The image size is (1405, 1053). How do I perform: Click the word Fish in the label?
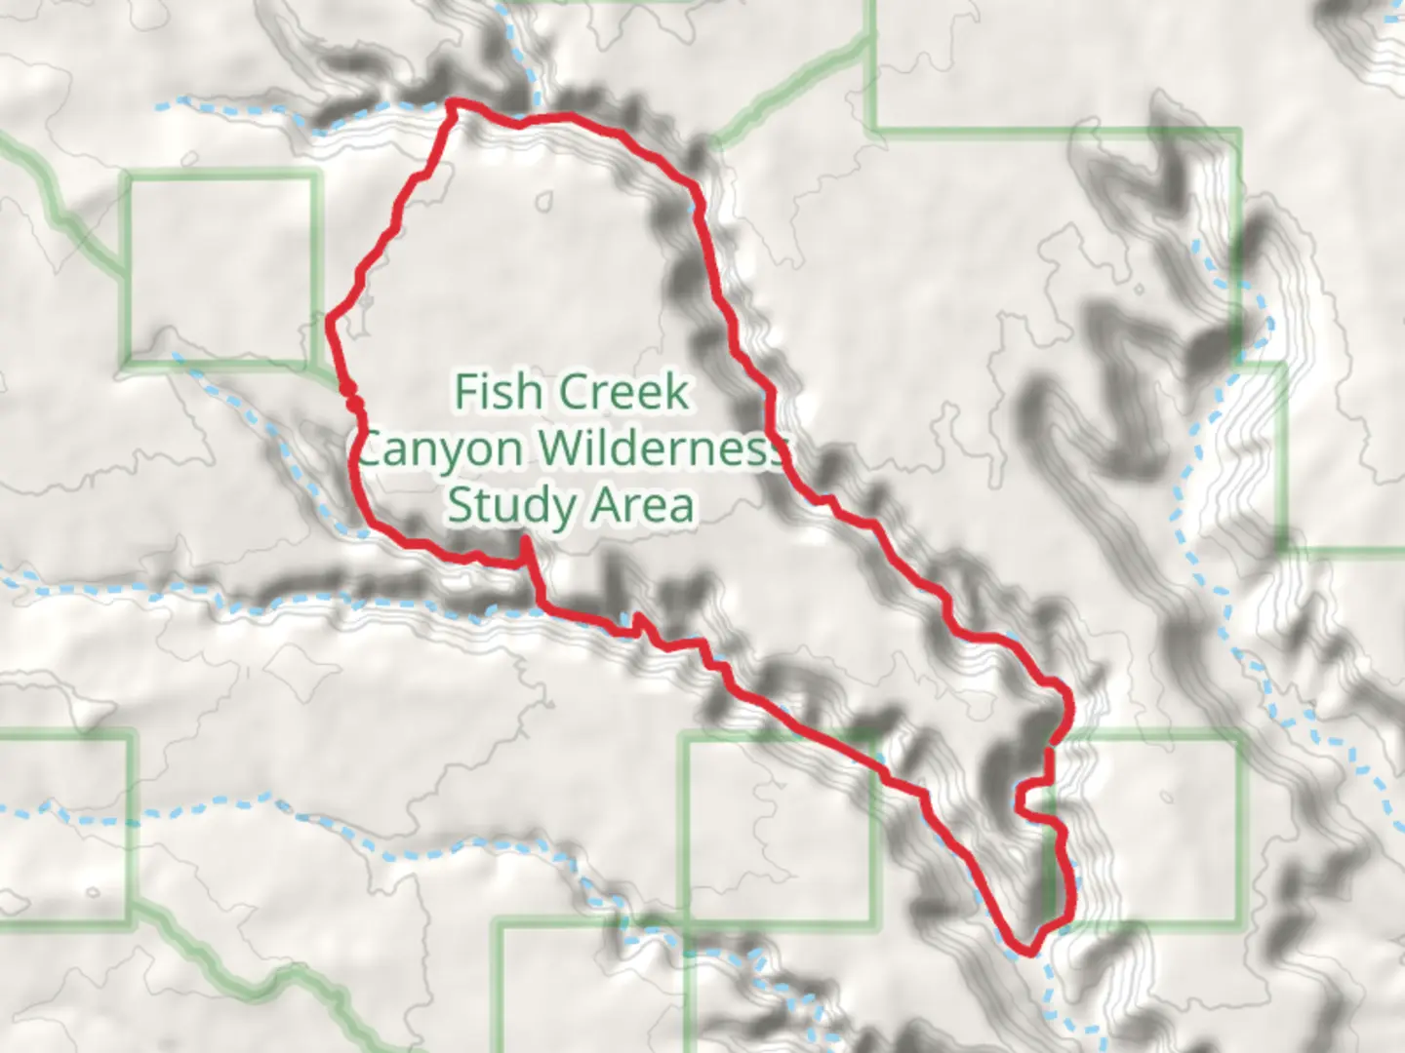point(499,392)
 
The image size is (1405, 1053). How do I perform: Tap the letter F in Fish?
point(465,392)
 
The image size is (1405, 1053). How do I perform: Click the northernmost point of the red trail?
point(452,101)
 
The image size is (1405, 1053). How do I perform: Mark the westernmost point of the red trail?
point(329,320)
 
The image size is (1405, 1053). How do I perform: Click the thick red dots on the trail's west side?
point(351,396)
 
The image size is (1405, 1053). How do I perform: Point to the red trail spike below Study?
point(526,541)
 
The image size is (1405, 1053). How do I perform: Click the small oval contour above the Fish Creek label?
point(543,203)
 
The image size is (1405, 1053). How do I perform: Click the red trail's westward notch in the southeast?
point(1020,799)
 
